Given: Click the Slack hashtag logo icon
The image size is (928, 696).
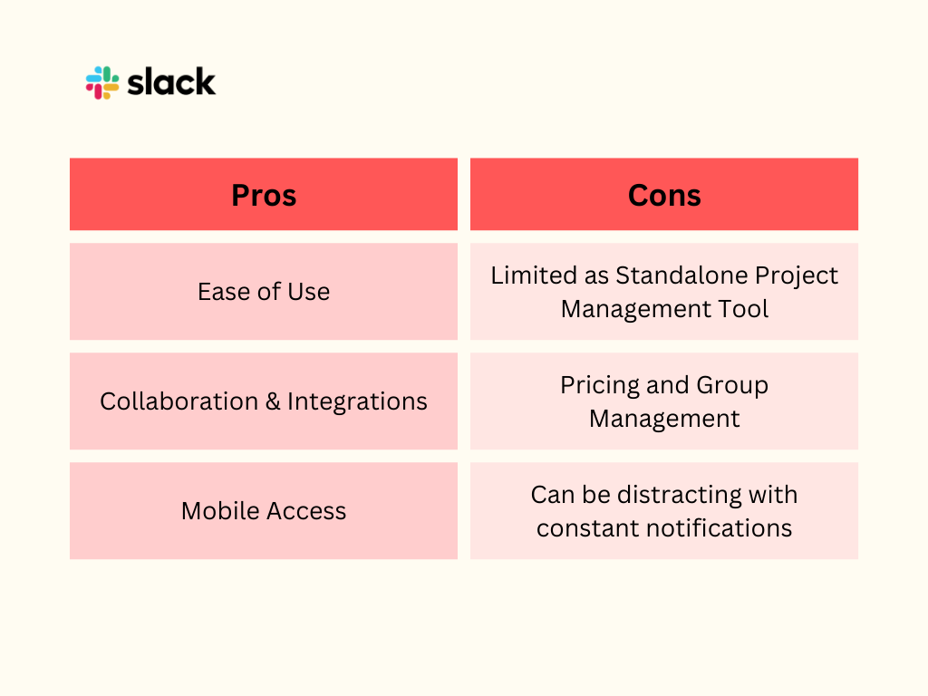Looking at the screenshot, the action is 101,82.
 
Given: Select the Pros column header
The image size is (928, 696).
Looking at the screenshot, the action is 264,194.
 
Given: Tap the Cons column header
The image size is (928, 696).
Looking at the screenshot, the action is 664,194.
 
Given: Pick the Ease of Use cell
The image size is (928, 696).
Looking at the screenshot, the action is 264,291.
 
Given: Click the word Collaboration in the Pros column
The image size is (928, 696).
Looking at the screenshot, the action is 179,401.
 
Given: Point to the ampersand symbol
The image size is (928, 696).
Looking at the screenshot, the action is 273,401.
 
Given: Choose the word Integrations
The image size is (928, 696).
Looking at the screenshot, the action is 357,401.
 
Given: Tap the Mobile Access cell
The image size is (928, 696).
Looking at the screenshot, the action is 264,511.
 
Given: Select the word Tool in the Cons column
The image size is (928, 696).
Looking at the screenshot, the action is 743,309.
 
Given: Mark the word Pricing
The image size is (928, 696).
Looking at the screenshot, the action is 600,386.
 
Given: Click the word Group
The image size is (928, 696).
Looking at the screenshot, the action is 732,386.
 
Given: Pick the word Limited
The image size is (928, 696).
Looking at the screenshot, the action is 535,275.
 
